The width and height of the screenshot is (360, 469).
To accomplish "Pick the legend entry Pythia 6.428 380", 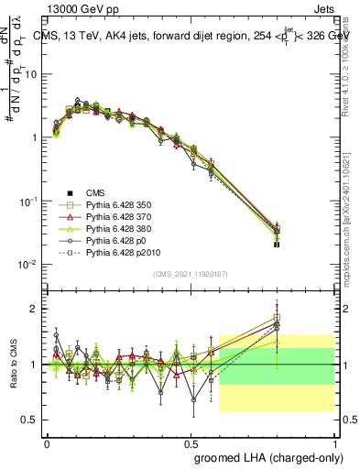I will pos(118,234).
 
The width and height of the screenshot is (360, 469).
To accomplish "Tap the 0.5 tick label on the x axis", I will pos(191,442).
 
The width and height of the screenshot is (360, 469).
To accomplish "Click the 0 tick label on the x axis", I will pos(47,442).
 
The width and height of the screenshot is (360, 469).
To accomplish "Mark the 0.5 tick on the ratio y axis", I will pos(29,420).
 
